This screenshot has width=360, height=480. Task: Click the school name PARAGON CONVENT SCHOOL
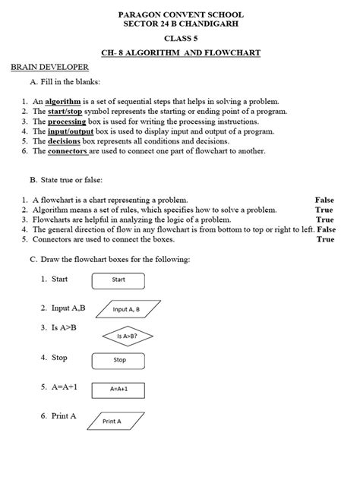[180, 14]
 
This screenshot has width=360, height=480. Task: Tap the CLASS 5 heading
[180, 38]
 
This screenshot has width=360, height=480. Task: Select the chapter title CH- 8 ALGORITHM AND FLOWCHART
[180, 52]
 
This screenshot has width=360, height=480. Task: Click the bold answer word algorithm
[62, 101]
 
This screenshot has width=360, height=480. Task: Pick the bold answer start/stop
[69, 111]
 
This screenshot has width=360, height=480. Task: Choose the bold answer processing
[68, 121]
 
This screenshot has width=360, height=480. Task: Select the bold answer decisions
[64, 141]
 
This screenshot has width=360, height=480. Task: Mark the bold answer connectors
[68, 150]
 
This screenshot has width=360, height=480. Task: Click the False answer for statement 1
[324, 200]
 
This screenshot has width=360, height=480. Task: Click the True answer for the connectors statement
[324, 238]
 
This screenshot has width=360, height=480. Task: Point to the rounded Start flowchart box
[118, 279]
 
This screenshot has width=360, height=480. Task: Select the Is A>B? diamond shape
[126, 335]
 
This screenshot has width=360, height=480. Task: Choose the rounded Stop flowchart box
[119, 360]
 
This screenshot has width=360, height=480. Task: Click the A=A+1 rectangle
[118, 388]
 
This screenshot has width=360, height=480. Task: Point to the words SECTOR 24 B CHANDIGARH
[180, 24]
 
